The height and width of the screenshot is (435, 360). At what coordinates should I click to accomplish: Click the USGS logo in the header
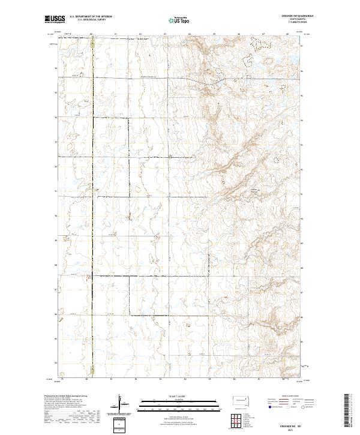click(x=55, y=19)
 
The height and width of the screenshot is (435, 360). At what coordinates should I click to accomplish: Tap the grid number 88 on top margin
click(x=287, y=34)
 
